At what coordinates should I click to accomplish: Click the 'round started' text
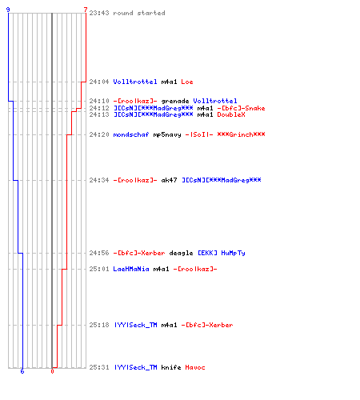[x=139, y=13]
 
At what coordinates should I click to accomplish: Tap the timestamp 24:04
[x=99, y=82]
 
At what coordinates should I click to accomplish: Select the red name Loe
[x=187, y=82]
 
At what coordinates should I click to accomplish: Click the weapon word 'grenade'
[x=175, y=101]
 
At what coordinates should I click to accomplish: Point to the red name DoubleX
[x=231, y=114]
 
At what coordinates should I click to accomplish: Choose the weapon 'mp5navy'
[x=167, y=134]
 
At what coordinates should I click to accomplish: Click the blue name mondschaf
[x=131, y=134]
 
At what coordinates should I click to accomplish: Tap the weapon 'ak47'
[x=169, y=180]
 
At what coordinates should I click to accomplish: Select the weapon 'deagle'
[x=181, y=253]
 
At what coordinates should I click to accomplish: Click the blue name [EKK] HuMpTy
[x=222, y=253]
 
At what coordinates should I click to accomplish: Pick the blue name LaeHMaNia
[x=131, y=269]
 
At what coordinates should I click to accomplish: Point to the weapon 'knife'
[x=171, y=367]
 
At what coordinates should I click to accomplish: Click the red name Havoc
[x=195, y=367]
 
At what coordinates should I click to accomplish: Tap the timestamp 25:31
[x=99, y=367]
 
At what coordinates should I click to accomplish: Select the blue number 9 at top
[x=8, y=10]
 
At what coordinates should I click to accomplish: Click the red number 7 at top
[x=86, y=10]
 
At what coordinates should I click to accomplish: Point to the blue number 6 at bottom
[x=22, y=371]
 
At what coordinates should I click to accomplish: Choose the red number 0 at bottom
[x=52, y=371]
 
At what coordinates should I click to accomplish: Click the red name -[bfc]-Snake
[x=241, y=108]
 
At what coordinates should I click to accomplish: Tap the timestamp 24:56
[x=99, y=253]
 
